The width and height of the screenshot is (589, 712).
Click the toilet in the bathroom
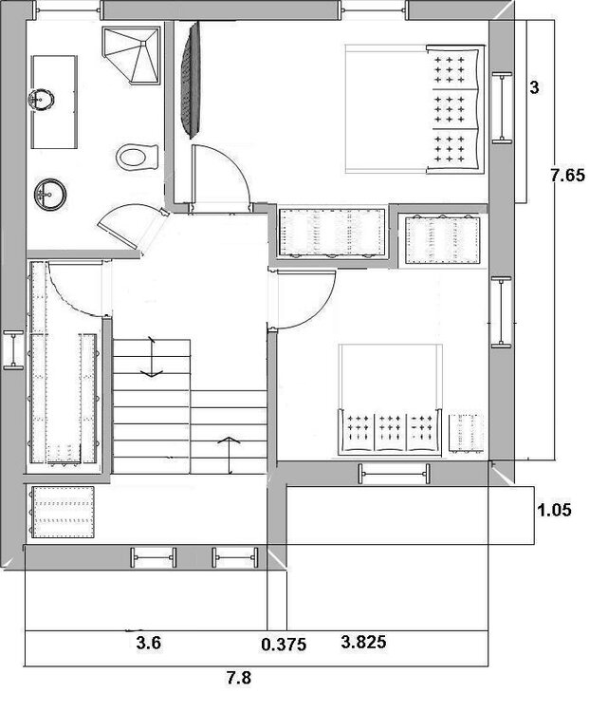click(x=137, y=157)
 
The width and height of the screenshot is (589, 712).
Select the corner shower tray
click(x=132, y=56)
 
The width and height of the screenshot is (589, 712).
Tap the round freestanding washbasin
click(x=50, y=195)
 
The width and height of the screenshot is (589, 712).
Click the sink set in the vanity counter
click(x=42, y=99)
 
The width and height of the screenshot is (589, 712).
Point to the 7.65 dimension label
click(x=568, y=175)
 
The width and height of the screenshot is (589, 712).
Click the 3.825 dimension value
click(x=363, y=642)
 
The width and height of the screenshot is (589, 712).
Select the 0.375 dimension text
click(x=284, y=644)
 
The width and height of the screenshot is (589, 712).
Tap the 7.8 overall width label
click(x=239, y=679)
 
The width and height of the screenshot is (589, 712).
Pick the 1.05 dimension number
click(x=554, y=510)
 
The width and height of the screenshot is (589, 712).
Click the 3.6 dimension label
click(x=149, y=643)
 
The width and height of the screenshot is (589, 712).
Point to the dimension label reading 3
click(x=535, y=87)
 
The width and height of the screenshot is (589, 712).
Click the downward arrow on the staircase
click(x=151, y=357)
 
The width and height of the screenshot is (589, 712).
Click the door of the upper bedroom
click(x=221, y=178)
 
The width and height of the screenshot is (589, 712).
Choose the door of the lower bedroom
click(x=304, y=299)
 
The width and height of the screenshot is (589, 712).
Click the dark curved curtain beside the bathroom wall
click(x=190, y=80)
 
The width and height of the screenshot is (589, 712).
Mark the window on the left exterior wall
click(x=13, y=349)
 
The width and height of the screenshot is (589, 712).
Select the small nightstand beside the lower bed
click(x=466, y=433)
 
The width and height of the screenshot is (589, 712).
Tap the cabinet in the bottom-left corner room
click(x=63, y=513)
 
